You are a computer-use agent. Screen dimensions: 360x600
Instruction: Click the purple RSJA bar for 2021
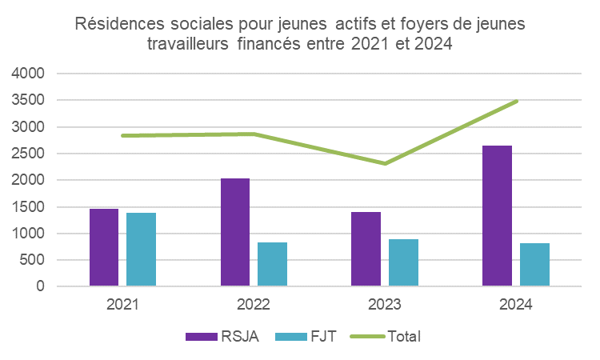[104, 247]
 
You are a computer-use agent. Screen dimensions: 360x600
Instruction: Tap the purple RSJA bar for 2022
[235, 232]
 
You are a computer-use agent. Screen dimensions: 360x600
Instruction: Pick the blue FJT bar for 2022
[272, 264]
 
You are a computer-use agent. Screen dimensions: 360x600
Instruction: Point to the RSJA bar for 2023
[366, 249]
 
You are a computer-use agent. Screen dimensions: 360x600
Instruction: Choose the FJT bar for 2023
[403, 262]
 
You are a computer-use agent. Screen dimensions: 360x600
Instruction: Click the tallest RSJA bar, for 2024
[497, 216]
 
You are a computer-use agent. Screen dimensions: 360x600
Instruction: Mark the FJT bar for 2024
[534, 265]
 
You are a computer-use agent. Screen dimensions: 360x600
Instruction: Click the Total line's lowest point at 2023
[385, 163]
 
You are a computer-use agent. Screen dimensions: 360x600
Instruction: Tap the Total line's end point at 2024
[517, 102]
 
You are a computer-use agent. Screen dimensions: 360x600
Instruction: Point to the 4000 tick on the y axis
[28, 74]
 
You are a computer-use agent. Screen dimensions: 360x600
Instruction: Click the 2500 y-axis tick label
[28, 154]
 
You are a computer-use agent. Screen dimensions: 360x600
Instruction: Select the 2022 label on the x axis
[254, 305]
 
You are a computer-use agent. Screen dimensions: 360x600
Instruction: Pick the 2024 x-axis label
[516, 305]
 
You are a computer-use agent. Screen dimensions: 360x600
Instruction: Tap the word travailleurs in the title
[189, 45]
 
